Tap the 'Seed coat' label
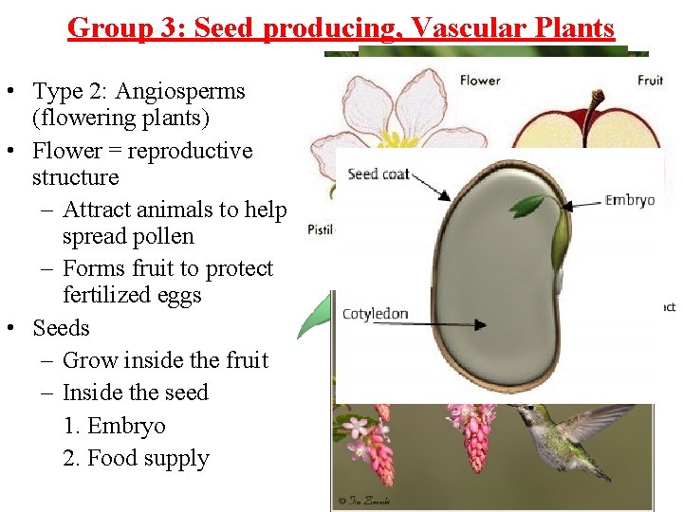378,174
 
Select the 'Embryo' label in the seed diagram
630,200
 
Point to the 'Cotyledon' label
375,314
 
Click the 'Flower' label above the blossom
480,81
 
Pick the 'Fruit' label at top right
650,81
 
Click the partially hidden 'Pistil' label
319,230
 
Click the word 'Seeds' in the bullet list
61,328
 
